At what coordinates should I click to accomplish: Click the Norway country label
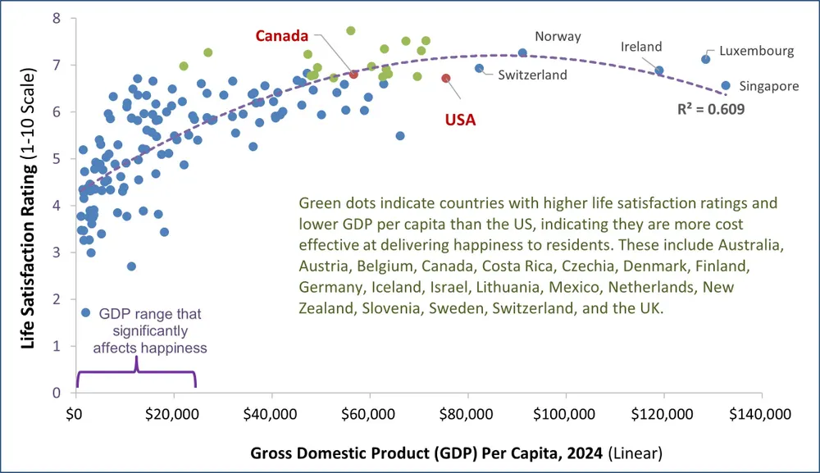click(558, 36)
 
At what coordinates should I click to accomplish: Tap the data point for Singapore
click(726, 85)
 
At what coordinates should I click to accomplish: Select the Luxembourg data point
click(705, 59)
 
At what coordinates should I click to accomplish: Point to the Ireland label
click(641, 47)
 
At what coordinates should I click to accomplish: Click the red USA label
click(461, 120)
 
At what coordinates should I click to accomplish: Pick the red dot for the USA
click(446, 79)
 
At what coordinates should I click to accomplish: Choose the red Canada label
click(281, 36)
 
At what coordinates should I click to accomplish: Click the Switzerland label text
click(532, 75)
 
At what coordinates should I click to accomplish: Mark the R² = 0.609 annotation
click(711, 107)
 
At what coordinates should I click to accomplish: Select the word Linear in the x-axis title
click(642, 453)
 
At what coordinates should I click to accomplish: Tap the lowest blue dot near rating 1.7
click(85, 313)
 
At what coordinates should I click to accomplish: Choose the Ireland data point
click(659, 71)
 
